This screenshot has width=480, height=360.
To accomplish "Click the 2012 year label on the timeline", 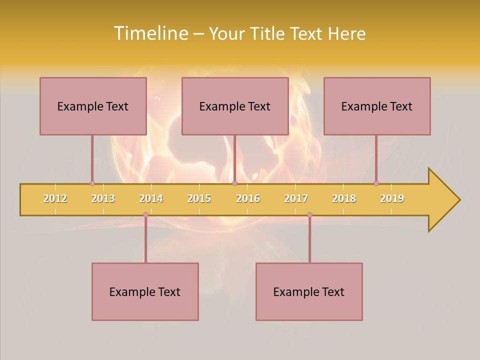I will pos(55,198).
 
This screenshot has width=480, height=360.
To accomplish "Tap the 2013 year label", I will pos(103,198).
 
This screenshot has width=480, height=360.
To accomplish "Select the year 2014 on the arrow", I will pos(151,198).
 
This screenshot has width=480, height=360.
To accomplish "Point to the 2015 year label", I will pos(199,198).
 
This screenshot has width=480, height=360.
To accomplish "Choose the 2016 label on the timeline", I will pos(248,198).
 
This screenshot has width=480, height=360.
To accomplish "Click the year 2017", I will pos(296,198).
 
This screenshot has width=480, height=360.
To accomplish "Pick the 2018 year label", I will pos(344,198).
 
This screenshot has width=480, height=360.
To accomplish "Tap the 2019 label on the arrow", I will pos(392,198).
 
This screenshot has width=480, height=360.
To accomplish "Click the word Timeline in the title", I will pos(150,33).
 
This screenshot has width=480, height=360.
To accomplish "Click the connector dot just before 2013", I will pos(92,183).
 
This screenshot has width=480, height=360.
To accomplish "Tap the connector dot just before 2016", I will pos(234,183).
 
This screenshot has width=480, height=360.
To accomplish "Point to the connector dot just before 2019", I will pos(376,183).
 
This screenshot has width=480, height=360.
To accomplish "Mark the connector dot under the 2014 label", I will pos(145,214).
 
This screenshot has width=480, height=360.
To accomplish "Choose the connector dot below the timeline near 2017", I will pos(309,214).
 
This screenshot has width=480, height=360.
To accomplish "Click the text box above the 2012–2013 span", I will pos(93,106).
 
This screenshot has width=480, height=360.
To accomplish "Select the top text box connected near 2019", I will pos(377,106).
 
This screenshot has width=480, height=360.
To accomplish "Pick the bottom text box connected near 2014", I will pos(145,291).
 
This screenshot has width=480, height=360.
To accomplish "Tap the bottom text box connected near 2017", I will pos(309,291).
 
